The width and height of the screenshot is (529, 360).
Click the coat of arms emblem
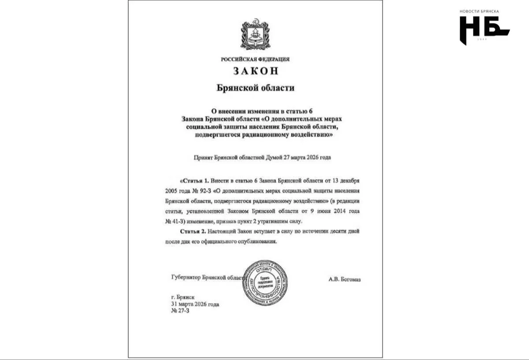[x=255, y=34]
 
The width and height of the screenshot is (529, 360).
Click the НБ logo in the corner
[x=484, y=30]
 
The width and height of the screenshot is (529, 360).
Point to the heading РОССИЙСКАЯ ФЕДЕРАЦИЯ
[x=255, y=59]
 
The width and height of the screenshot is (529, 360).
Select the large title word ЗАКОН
[x=256, y=71]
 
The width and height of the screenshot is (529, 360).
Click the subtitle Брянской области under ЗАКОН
[x=255, y=88]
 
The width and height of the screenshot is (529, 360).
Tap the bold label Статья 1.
[x=194, y=181]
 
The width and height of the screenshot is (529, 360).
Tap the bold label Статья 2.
[x=194, y=231]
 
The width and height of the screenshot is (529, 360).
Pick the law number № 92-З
[x=200, y=191]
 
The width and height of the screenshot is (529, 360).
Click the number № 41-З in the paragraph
[x=173, y=222]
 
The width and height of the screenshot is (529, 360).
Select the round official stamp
[x=265, y=282]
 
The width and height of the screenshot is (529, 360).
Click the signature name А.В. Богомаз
[x=344, y=279]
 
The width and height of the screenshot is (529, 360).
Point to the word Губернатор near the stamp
[x=186, y=278]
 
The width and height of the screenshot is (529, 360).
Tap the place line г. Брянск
[x=183, y=297]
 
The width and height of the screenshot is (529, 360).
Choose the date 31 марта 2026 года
[x=195, y=304]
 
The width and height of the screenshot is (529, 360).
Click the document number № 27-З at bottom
[x=180, y=312]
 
